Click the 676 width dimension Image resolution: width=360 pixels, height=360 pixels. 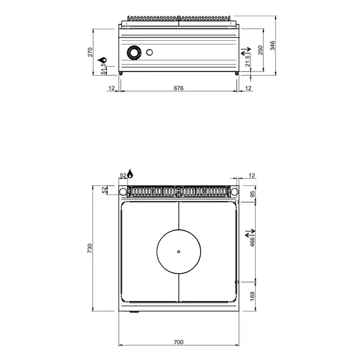point(178,88)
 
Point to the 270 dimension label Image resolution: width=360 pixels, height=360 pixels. point(91,52)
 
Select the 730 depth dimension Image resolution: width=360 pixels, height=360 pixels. point(91,247)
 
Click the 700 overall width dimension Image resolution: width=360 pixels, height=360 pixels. point(178,342)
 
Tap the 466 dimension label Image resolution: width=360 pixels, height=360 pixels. point(253,241)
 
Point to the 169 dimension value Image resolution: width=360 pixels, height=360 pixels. point(253,296)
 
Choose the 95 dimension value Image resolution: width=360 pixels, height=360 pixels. point(253,194)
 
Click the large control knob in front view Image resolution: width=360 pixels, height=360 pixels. point(134,54)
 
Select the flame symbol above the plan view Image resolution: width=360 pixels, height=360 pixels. point(131,174)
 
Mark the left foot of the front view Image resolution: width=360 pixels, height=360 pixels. point(122,73)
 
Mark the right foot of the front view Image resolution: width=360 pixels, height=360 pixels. point(236,73)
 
